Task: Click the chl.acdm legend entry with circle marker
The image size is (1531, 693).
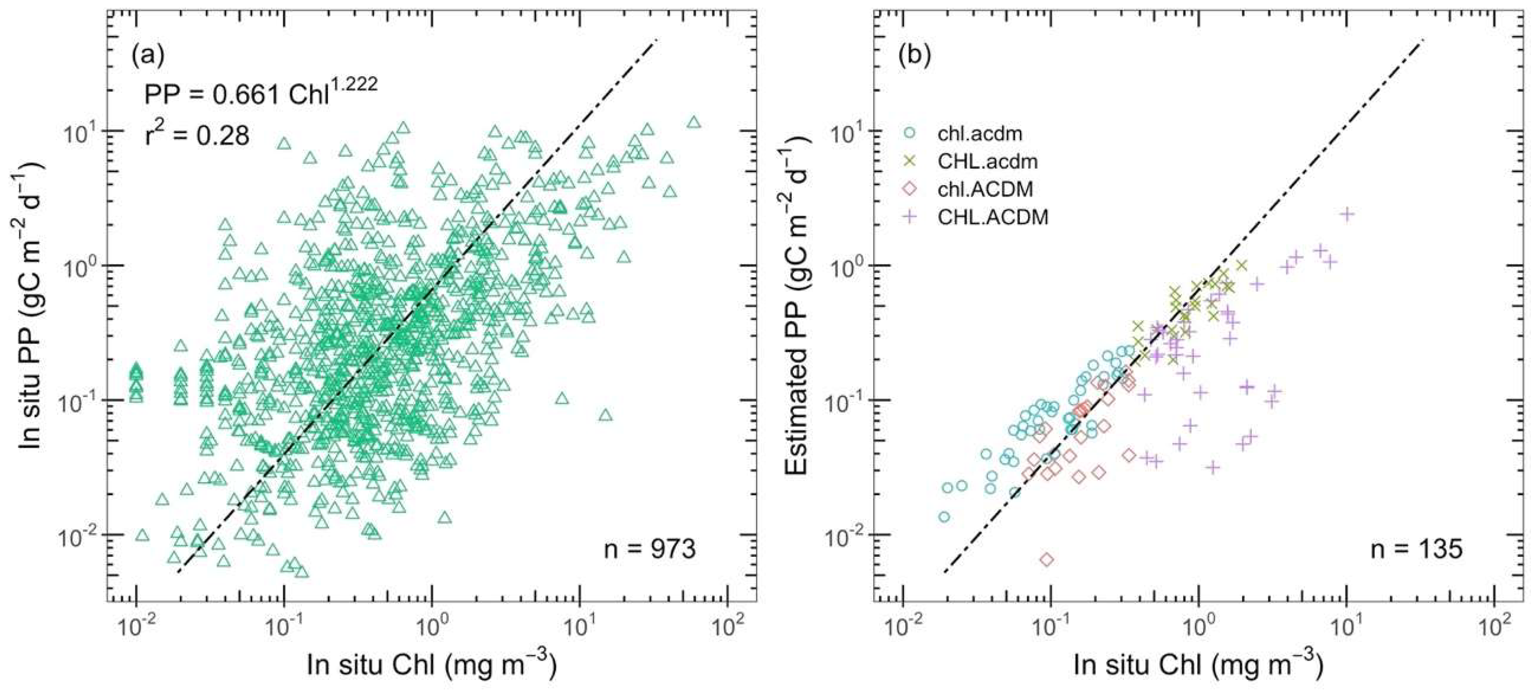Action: [980, 133]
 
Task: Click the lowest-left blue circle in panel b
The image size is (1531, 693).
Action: [944, 516]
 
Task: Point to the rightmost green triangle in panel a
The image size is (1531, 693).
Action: [694, 122]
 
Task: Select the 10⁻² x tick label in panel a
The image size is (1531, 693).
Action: [137, 628]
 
